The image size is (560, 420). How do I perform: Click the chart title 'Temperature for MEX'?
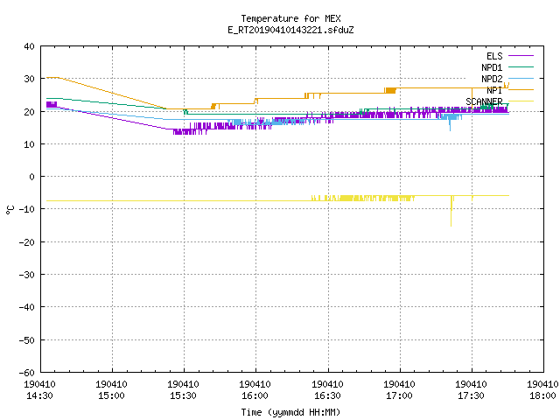tap(290, 18)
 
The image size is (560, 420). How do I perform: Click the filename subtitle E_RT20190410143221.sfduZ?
tap(290, 30)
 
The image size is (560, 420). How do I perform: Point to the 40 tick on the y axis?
tap(29, 46)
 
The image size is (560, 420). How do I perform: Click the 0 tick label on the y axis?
tap(31, 177)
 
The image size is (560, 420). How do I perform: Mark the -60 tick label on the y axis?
tap(27, 373)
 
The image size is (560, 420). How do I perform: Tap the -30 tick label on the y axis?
tap(27, 275)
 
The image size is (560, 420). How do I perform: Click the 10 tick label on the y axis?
tap(29, 143)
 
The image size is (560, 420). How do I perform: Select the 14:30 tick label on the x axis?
tap(39, 395)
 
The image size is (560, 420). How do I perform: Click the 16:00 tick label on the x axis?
tap(255, 395)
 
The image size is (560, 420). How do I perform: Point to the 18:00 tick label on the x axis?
tap(542, 395)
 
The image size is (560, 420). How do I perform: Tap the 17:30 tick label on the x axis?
tap(471, 395)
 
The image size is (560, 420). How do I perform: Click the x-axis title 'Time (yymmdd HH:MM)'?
tap(290, 412)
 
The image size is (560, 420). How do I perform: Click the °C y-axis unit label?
tap(10, 210)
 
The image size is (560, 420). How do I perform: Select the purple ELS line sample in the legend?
tap(521, 56)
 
